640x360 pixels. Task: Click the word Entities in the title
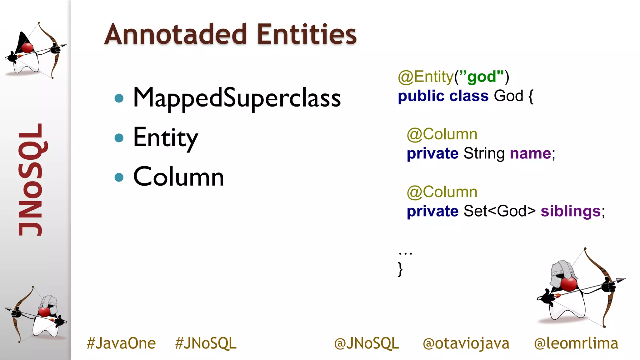coord(307,34)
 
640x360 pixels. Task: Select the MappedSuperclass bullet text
coord(237,98)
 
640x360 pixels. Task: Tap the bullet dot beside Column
coord(119,177)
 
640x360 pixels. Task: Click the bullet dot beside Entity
coord(119,137)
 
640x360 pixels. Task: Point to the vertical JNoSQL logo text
coord(31,180)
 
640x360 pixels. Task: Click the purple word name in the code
coord(530,153)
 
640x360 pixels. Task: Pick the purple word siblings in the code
coord(571,211)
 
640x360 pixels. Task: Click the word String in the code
coord(484,153)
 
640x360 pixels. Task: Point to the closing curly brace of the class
coord(400,269)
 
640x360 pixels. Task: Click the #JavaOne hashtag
coord(121,343)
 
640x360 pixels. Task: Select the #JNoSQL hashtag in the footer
coord(206,343)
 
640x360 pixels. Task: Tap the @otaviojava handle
coord(466,343)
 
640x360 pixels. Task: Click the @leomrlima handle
coord(576,343)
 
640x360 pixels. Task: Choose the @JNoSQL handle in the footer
coord(367,343)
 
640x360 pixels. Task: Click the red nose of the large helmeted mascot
coord(568,284)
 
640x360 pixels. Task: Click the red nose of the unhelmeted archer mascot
coord(27,48)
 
